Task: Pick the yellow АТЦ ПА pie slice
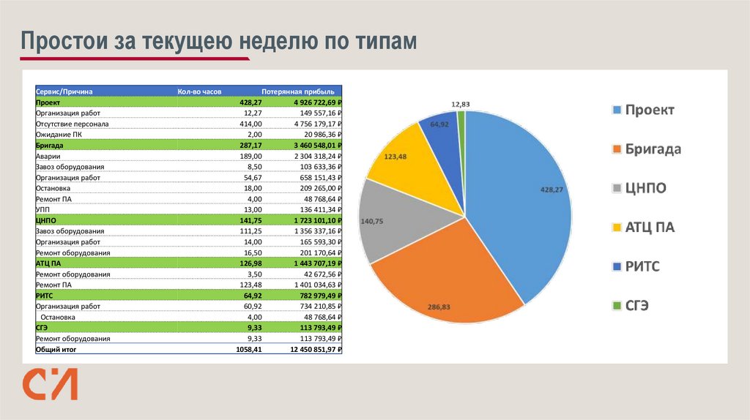point(406,165)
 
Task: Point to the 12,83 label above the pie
point(461,104)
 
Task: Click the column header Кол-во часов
point(199,91)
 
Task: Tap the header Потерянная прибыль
point(298,91)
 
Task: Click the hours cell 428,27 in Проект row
point(250,102)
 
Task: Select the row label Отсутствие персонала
point(73,124)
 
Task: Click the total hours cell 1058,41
point(248,350)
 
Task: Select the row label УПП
point(43,209)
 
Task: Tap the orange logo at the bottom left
point(49,384)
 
